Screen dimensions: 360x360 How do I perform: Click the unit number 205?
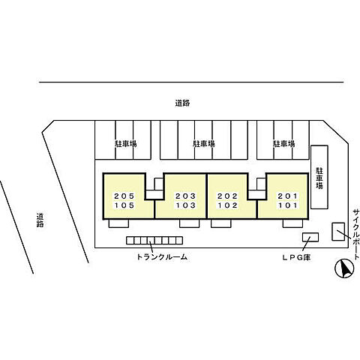(124, 196)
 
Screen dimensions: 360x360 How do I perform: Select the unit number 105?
(124, 205)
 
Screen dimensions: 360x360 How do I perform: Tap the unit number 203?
(185, 196)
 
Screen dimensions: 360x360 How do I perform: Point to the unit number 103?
(185, 205)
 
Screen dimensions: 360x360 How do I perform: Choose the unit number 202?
(227, 196)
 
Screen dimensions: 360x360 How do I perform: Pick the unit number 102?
(227, 205)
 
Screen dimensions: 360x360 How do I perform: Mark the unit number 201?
(288, 196)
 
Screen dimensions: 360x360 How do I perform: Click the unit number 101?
(288, 205)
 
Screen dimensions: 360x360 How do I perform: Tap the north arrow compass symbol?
(344, 268)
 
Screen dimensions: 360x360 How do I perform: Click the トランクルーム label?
(162, 256)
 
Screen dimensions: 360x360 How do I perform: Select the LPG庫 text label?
(296, 257)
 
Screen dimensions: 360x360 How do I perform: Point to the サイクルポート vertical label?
(356, 235)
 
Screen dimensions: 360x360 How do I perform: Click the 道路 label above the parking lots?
(182, 103)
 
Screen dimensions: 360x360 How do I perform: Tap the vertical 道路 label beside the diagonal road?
(40, 220)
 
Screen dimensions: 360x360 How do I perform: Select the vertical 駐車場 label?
(319, 178)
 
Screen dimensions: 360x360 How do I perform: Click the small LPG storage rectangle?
(310, 237)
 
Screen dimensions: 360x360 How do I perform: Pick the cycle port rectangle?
(338, 232)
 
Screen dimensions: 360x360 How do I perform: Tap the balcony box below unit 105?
(118, 223)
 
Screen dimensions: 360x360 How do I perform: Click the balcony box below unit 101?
(292, 223)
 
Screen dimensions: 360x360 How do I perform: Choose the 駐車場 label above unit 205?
(126, 144)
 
